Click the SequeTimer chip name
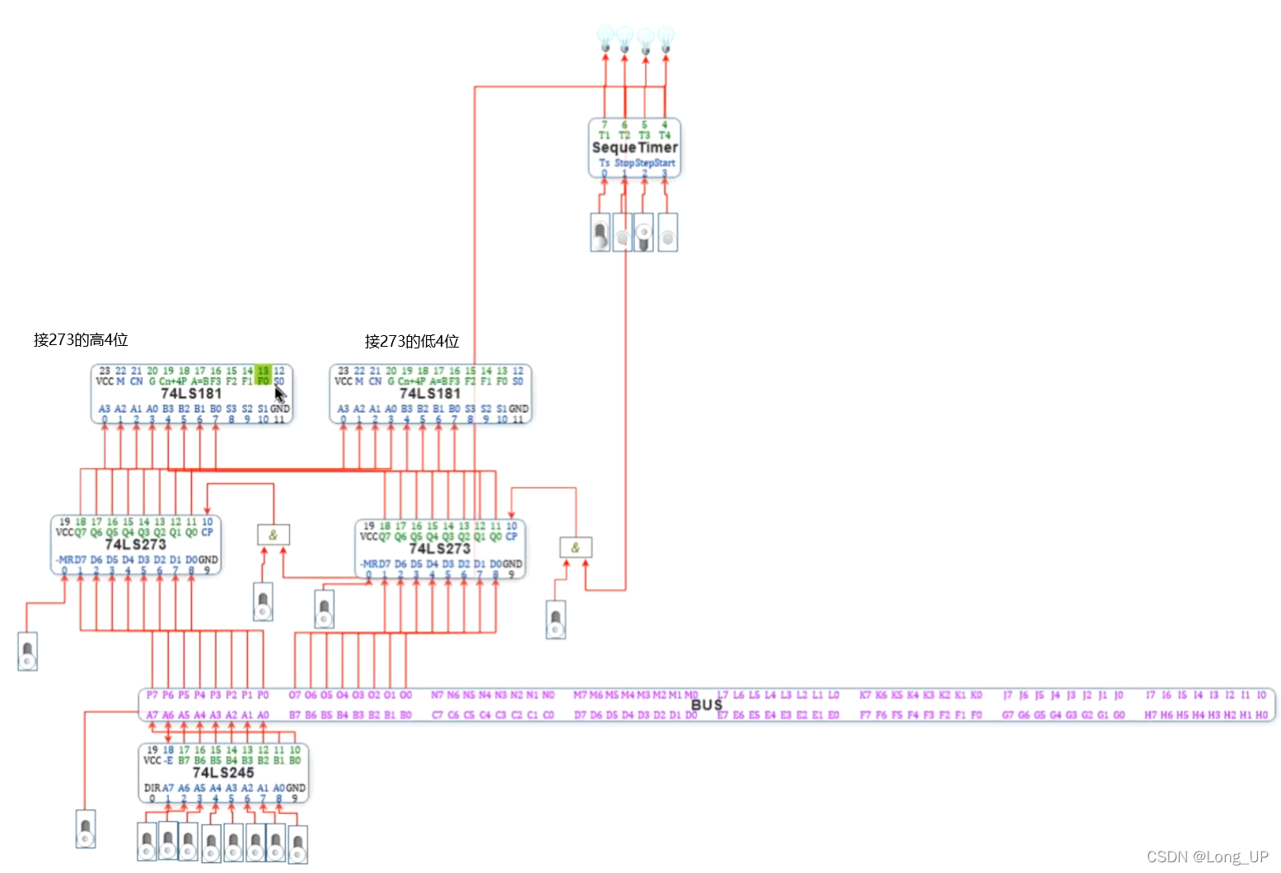tap(634, 147)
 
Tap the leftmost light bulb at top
tap(605, 38)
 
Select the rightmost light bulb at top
tap(666, 38)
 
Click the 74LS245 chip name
tap(223, 773)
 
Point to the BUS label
tap(707, 705)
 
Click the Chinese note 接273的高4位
tap(81, 340)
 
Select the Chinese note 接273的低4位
tap(412, 341)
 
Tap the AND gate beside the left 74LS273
tap(273, 535)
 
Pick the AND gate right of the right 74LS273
tap(575, 548)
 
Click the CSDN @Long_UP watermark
tap(1207, 857)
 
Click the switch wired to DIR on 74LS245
tap(86, 829)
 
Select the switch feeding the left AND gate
tap(263, 602)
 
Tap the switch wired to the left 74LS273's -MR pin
tap(28, 651)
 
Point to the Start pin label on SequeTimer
tap(665, 163)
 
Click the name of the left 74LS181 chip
tap(191, 394)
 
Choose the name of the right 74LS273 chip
tap(439, 549)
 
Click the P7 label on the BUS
tap(152, 695)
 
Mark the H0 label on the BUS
tap(1261, 715)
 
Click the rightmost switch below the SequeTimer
tap(667, 232)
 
